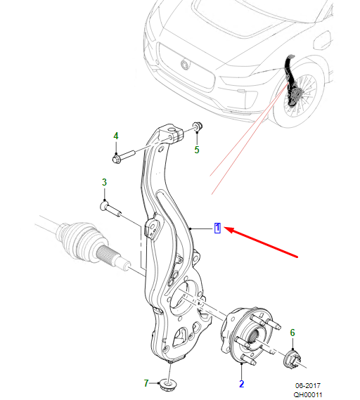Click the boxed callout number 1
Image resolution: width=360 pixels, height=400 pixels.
click(x=217, y=228)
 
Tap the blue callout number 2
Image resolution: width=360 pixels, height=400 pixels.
click(x=241, y=384)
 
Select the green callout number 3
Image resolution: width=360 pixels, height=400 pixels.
click(x=104, y=182)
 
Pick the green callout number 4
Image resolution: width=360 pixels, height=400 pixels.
click(x=116, y=136)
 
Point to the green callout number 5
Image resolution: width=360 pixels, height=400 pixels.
click(x=197, y=150)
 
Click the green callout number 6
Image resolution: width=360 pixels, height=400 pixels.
click(x=292, y=333)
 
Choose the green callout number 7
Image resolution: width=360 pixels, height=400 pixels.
click(x=146, y=383)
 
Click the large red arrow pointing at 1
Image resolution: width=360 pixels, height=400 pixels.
click(x=262, y=243)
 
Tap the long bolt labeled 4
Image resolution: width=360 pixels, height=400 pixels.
click(x=123, y=157)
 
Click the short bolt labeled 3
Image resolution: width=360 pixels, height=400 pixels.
click(x=110, y=209)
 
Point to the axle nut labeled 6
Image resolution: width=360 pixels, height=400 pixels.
click(x=292, y=359)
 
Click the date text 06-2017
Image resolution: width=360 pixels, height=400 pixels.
click(x=308, y=385)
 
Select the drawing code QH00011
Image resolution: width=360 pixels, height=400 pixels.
click(x=308, y=394)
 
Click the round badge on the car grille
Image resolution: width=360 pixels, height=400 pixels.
click(x=185, y=65)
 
